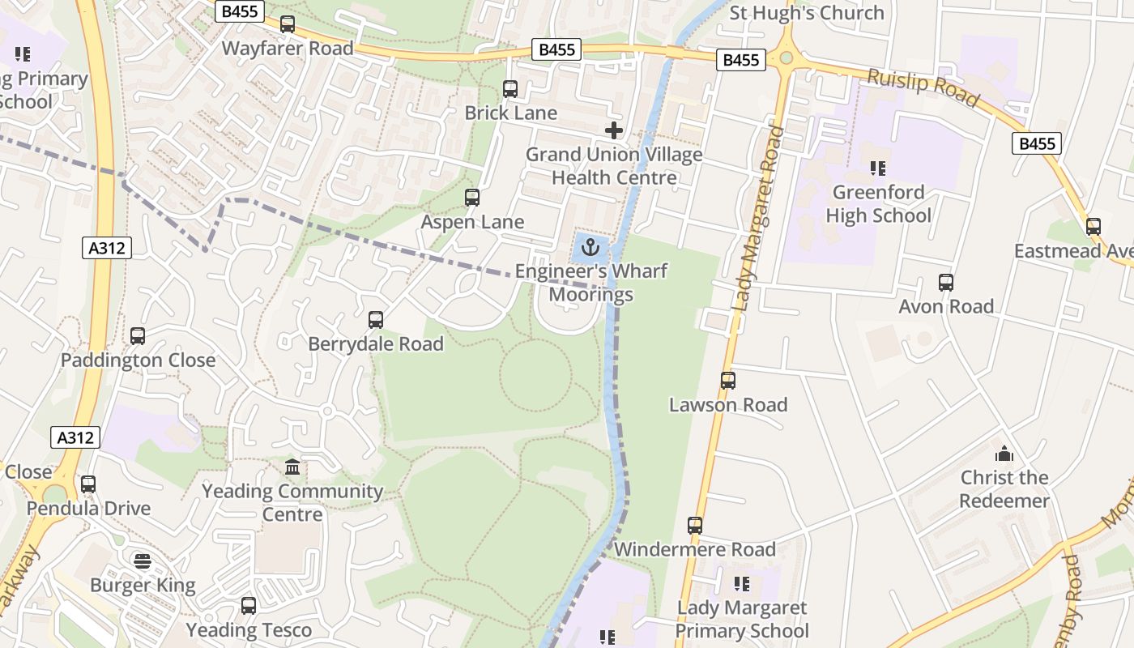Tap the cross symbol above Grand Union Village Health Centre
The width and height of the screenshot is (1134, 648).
point(614,130)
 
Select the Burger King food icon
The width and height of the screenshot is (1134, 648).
point(143,561)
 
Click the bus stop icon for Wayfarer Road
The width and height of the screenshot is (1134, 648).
point(288,24)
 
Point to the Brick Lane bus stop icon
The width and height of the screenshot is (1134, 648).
point(510,89)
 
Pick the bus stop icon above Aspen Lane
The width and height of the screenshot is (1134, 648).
point(472,198)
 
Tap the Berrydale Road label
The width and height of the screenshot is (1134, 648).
point(376,344)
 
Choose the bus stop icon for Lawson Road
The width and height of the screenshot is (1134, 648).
point(728,381)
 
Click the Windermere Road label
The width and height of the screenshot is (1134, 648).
point(694,550)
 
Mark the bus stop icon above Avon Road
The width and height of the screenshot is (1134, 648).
point(946,283)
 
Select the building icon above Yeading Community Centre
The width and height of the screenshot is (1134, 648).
point(292,467)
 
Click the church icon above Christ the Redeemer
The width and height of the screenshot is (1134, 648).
point(1004,454)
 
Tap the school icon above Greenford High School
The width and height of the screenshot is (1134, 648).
point(878,168)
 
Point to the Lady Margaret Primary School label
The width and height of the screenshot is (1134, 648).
point(741,620)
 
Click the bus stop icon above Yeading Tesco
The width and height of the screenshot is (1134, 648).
point(249,606)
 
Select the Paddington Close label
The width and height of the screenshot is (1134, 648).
point(139,360)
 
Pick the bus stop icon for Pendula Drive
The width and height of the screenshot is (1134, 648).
point(88,484)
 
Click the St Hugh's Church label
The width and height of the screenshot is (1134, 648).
point(807,13)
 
